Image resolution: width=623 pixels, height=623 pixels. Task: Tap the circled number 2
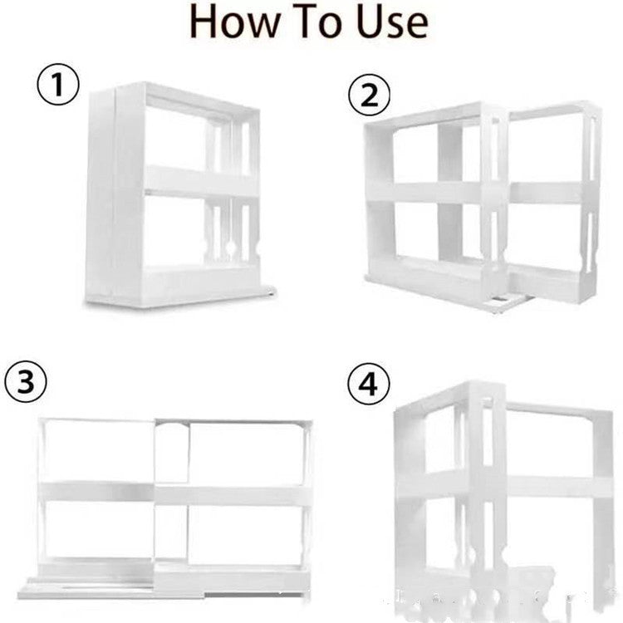pyautogui.click(x=368, y=96)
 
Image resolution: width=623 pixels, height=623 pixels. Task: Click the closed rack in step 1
pyautogui.click(x=174, y=195)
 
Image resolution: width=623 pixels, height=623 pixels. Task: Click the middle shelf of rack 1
pyautogui.click(x=199, y=181)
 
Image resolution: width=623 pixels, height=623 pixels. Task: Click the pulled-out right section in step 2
pyautogui.click(x=552, y=199)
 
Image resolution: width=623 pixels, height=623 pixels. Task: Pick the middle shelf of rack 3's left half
pyautogui.click(x=96, y=493)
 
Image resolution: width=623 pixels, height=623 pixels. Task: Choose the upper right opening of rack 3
pyautogui.click(x=245, y=453)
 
